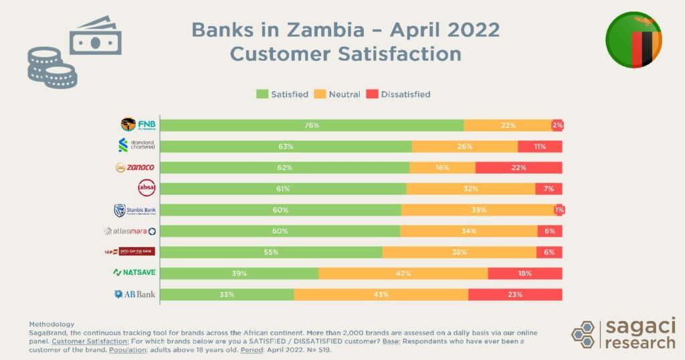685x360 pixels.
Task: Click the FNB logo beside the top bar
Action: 138,124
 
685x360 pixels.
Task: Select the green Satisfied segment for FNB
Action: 312,125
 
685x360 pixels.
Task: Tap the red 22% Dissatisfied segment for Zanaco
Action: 518,167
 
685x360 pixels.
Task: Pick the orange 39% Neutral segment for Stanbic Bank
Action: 478,210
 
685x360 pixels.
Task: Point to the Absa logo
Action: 146,188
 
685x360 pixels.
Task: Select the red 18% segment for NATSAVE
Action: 524,273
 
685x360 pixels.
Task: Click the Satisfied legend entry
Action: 283,94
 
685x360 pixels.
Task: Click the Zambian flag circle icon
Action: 633,40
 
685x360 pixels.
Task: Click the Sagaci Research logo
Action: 623,333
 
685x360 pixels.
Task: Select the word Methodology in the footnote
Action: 52,324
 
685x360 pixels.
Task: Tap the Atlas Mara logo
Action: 130,232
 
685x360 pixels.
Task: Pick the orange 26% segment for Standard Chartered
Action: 465,147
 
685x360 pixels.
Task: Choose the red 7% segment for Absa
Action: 549,189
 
